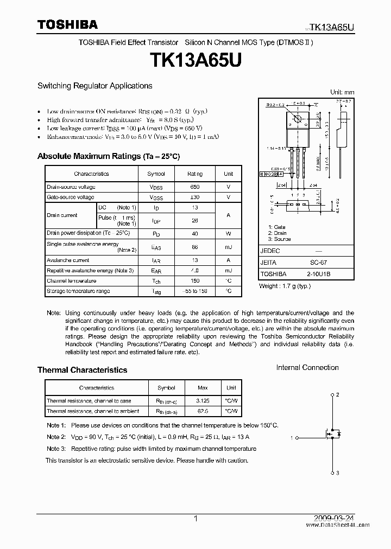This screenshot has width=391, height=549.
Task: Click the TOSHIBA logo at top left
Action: coord(67,24)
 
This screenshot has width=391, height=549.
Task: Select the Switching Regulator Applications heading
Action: coord(94,86)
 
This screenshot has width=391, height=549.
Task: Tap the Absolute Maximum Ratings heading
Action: coord(108,156)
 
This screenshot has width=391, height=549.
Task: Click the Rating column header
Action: coord(195,174)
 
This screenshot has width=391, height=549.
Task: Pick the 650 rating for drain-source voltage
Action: coord(195,187)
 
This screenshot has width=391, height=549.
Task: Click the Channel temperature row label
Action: coord(71,281)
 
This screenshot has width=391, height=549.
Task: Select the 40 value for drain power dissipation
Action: coord(195,233)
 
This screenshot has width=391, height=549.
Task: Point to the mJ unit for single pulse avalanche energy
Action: coord(228,247)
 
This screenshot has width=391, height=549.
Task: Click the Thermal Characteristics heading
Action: coord(82,370)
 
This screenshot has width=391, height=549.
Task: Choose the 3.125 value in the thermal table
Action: coord(203,401)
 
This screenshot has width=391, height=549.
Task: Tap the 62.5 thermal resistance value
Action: coord(203,411)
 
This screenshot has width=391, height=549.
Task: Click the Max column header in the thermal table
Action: coord(203,388)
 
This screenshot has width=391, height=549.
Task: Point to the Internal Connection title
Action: coord(307,368)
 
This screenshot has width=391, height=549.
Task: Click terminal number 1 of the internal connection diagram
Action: coord(292,437)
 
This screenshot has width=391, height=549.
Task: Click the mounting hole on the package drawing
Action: coord(297,119)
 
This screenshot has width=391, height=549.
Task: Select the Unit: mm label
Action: coord(342,92)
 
